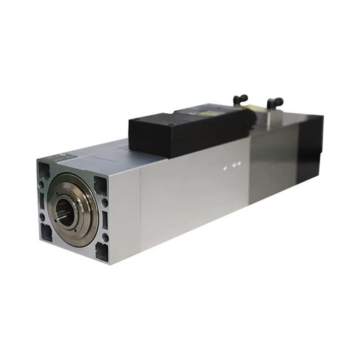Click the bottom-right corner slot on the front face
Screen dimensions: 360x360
pos(102,252)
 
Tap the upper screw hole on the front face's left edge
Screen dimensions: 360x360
pos(41,185)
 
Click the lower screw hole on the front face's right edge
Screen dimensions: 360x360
pos(106,237)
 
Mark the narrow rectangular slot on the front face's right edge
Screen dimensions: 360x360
pos(105,220)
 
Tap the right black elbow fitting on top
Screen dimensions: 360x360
pos(274,103)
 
